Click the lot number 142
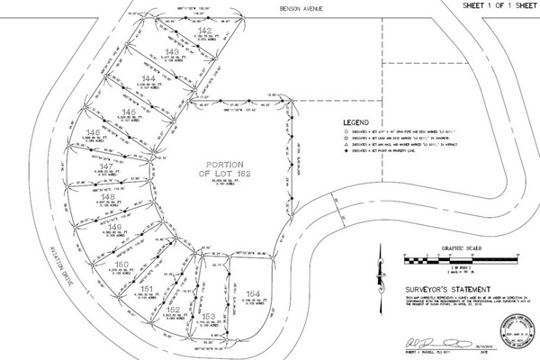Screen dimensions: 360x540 point(204,30)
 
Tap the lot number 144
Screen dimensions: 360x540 point(149,79)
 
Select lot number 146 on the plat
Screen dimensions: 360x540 point(92,132)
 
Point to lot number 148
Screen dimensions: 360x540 point(108,195)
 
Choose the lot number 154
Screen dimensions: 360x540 point(253,293)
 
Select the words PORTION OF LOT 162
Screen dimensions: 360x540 point(221,170)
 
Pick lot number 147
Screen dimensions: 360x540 point(105,166)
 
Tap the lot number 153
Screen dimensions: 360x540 point(208,317)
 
